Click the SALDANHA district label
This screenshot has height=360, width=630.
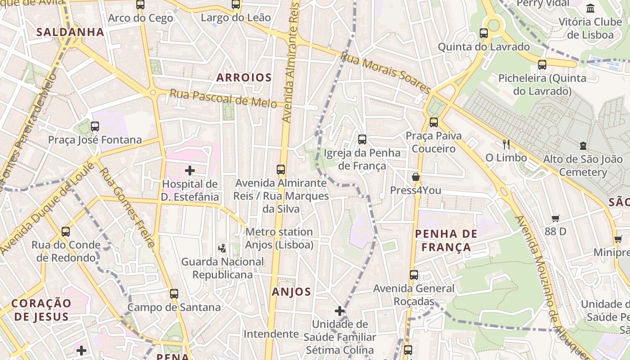click(x=70, y=32)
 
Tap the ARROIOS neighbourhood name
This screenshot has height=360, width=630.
click(x=244, y=78)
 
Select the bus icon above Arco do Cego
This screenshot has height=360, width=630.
click(x=140, y=5)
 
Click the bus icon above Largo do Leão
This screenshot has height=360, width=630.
click(x=236, y=4)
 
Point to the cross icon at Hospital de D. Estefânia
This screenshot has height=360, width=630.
click(x=190, y=171)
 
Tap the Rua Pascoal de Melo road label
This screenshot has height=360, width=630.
click(x=223, y=98)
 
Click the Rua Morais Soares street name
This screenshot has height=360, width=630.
click(x=385, y=72)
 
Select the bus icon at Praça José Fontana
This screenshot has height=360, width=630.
click(x=95, y=126)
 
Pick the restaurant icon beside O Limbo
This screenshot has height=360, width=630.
click(x=506, y=144)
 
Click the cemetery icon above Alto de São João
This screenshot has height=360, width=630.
click(x=583, y=146)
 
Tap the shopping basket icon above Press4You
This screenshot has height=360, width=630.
click(x=416, y=177)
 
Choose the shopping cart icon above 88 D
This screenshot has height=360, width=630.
click(x=556, y=218)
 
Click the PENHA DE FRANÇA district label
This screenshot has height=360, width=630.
click(x=446, y=240)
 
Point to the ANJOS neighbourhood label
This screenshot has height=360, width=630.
click(x=291, y=292)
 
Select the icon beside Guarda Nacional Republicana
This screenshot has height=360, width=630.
click(x=222, y=247)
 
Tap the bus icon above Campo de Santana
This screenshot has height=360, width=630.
click(x=174, y=294)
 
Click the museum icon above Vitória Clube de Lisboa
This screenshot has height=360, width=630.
click(x=590, y=8)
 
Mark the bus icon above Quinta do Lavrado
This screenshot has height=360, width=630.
click(x=484, y=33)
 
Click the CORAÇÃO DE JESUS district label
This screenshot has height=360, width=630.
click(x=41, y=310)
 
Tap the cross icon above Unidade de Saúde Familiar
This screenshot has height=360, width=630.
click(x=340, y=311)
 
